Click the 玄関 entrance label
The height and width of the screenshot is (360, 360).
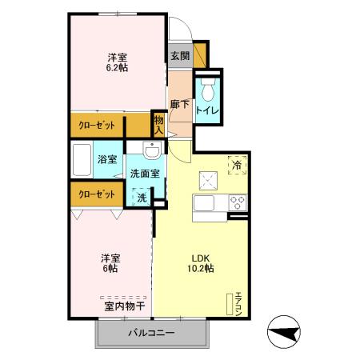coord(180,56)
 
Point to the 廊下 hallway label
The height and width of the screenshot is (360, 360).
coord(180,104)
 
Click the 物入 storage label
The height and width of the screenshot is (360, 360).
coord(158,125)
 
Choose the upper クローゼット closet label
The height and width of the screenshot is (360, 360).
coord(98,126)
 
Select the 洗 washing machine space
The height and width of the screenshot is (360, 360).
coord(141,197)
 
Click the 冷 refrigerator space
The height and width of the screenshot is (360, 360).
coord(237,164)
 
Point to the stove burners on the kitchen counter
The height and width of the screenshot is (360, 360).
coord(238,200)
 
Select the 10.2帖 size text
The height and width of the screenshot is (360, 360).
coord(201,269)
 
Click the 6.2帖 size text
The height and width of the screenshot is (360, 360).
coord(117,68)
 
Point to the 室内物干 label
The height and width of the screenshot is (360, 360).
coord(124,305)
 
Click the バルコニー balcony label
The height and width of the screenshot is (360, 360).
coord(151,334)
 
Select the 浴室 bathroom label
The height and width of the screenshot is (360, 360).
coord(107,158)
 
